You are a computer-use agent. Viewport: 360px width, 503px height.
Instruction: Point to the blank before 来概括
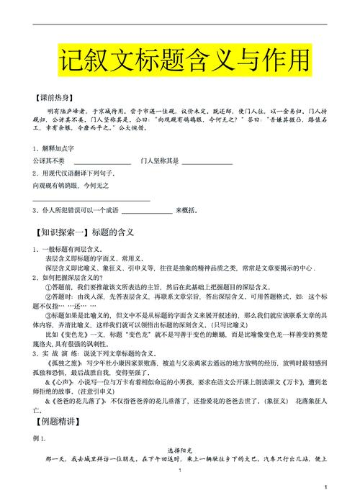click(147, 212)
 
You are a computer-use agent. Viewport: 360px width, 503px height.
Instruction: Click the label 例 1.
click(40, 458)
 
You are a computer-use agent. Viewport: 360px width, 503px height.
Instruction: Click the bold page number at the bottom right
click(325, 487)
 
